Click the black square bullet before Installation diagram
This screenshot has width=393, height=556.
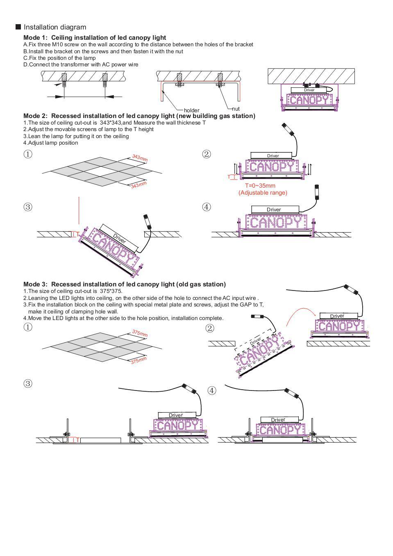tap(18, 27)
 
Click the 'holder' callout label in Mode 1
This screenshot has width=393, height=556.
tap(191, 110)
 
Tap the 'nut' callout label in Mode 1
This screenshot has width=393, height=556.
tap(236, 109)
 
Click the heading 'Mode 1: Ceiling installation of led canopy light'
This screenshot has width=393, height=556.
tap(95, 38)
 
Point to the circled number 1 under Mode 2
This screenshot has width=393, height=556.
tap(27, 154)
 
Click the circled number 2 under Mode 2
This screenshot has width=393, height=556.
tap(207, 154)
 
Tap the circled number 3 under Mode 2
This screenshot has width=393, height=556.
tap(27, 207)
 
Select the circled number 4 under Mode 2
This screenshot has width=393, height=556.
tap(207, 207)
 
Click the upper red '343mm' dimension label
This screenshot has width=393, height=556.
tap(140, 158)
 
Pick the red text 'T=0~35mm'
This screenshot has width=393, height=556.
tap(260, 186)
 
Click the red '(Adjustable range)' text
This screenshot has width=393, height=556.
tap(263, 193)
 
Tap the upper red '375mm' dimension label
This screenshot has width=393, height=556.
tap(140, 333)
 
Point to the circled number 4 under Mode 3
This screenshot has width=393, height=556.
tap(211, 390)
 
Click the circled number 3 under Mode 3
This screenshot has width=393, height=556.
tap(27, 384)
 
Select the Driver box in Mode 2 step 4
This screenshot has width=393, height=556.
tap(274, 210)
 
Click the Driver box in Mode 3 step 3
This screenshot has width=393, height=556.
tap(176, 415)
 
